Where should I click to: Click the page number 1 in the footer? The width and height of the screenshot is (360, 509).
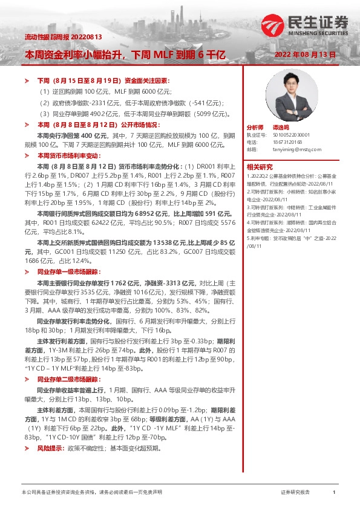tap(333, 493)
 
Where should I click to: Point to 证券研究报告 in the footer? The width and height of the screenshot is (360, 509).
tap(295, 493)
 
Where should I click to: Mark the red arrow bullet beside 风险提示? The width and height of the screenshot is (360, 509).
tap(26, 449)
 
